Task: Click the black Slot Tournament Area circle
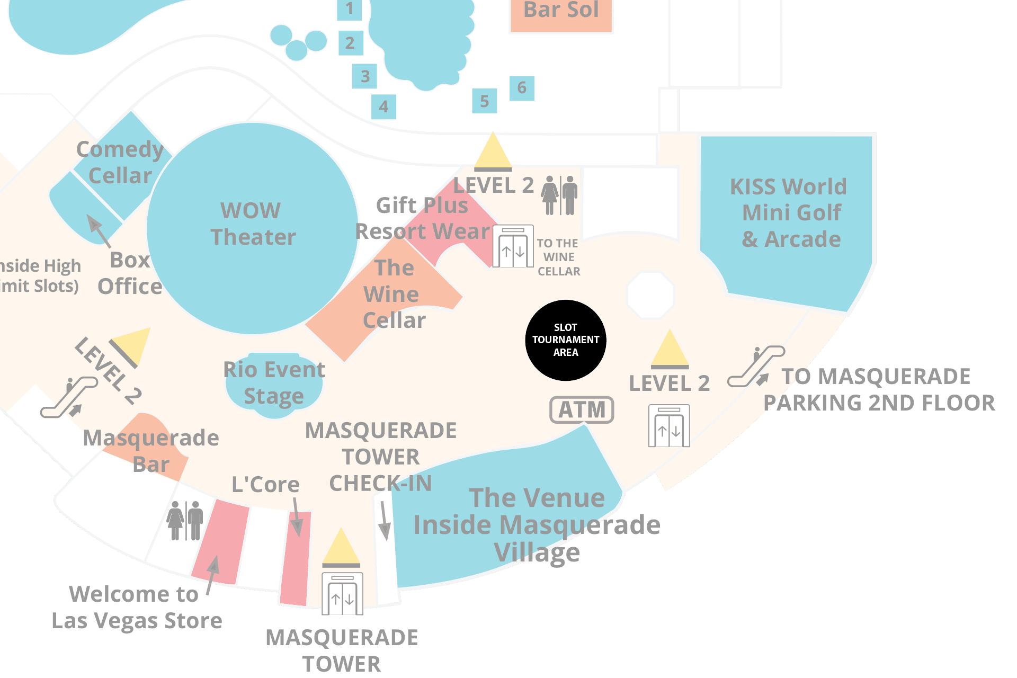tap(565, 340)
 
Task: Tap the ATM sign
tap(582, 409)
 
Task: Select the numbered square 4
tap(383, 107)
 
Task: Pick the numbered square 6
tap(522, 88)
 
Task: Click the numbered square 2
tap(350, 43)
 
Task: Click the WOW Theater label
tap(252, 224)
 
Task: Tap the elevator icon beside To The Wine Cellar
tap(513, 247)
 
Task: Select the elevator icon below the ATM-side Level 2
tap(668, 426)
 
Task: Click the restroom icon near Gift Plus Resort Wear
tap(559, 195)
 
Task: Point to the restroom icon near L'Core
tap(185, 520)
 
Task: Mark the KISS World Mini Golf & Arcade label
tap(789, 213)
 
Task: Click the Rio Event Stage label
tap(274, 383)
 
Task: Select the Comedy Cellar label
tap(120, 163)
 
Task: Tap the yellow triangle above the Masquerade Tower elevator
tap(341, 547)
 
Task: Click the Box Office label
tap(130, 273)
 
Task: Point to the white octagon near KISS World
tap(650, 295)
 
